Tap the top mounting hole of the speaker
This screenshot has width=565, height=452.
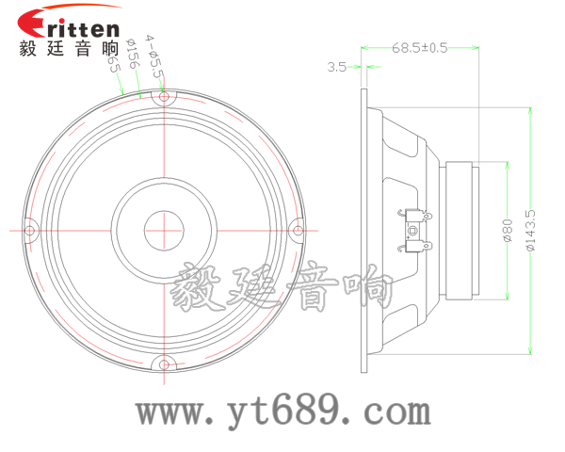coord(165,96)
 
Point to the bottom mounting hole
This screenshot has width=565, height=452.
coord(166,363)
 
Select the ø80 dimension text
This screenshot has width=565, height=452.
coord(507,232)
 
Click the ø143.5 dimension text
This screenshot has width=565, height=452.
coord(530,231)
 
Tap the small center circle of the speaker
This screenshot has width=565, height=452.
coord(165,229)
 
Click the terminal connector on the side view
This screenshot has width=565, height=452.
coord(415,230)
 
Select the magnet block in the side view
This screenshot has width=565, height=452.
coord(462,230)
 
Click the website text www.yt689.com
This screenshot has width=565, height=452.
coord(283,412)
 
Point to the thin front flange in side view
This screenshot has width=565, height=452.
coord(363,231)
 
